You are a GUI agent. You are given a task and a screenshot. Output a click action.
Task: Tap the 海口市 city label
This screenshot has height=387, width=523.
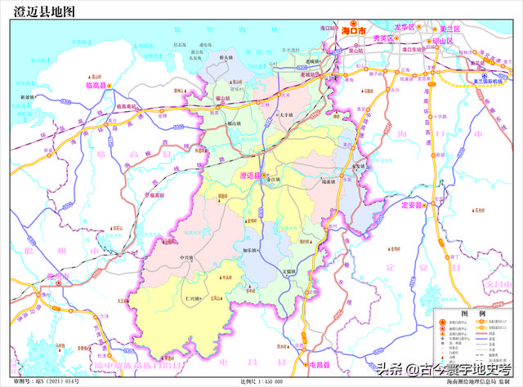(356, 30)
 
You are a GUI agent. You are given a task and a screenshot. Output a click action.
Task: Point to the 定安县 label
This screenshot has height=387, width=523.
(416, 205)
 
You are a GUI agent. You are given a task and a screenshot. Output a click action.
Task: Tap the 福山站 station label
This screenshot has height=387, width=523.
(222, 98)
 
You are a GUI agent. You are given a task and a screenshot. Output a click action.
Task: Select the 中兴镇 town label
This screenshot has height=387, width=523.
(189, 257)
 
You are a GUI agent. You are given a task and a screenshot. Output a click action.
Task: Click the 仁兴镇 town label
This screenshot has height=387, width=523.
(194, 300)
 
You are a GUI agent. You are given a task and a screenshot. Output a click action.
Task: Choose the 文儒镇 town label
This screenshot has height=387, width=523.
(293, 271)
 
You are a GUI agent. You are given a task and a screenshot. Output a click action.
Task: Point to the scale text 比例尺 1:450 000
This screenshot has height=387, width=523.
(261, 381)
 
